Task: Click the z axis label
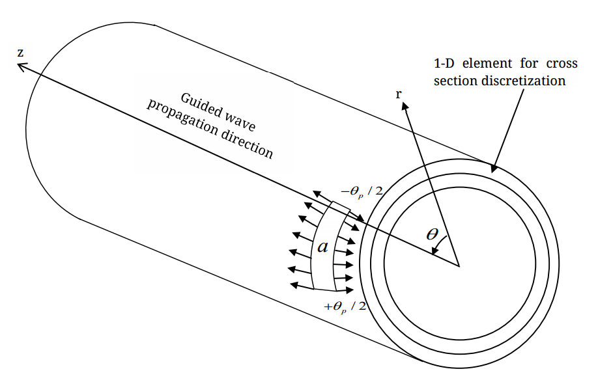click(21, 51)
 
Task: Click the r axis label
click(399, 94)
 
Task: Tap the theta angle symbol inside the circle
click(432, 235)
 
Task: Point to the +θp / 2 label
click(345, 306)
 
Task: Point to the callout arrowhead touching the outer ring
click(494, 168)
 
